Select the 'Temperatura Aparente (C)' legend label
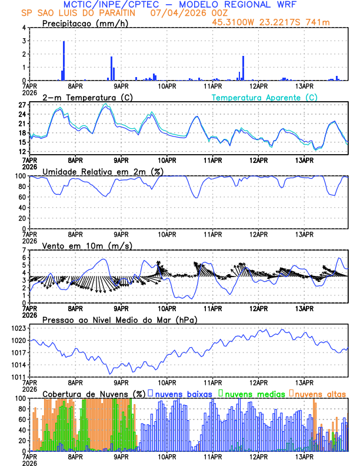(x=264, y=97)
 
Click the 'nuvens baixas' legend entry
(x=183, y=393)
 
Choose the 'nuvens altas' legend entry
(x=320, y=393)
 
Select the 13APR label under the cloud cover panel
(x=304, y=456)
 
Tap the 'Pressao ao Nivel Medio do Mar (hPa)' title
(x=119, y=319)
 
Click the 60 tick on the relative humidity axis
(x=21, y=197)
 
